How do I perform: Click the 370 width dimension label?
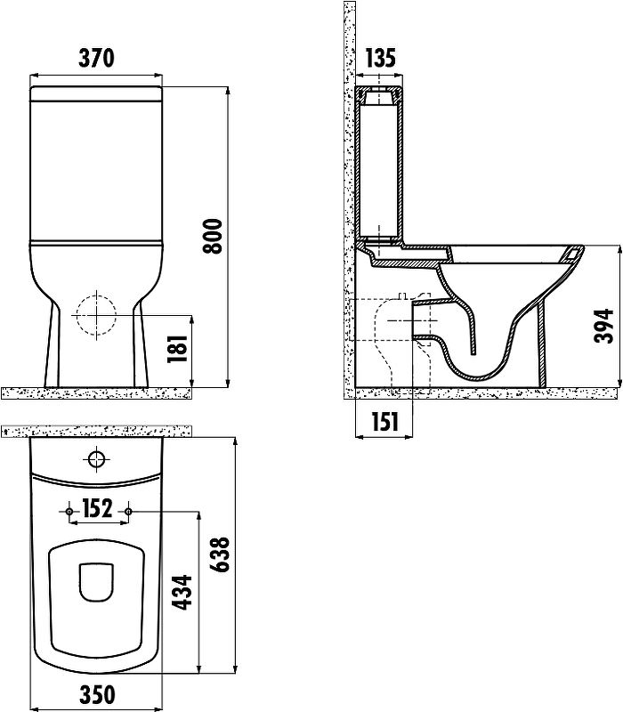(x=96, y=58)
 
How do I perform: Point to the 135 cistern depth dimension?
(x=380, y=59)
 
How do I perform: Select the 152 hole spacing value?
(x=98, y=509)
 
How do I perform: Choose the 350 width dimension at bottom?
(x=97, y=695)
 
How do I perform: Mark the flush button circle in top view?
(x=97, y=460)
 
